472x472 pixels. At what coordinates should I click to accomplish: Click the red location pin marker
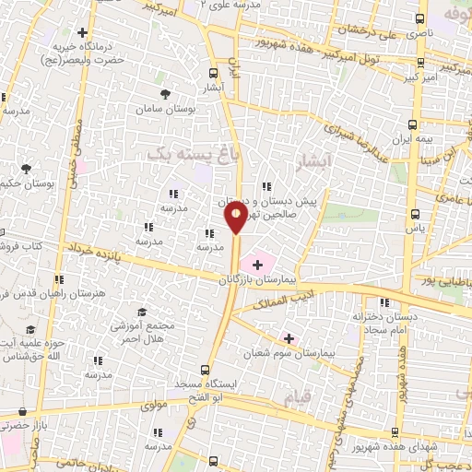pos(236,218)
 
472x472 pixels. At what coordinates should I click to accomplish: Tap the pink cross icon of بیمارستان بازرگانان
pos(256,265)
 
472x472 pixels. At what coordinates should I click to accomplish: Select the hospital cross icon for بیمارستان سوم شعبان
pos(289,339)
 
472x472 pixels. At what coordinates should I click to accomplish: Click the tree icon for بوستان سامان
pos(165,95)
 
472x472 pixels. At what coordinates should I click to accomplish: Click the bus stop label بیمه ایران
pos(413,141)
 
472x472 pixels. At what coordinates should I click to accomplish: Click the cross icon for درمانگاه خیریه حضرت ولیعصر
pos(84,33)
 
